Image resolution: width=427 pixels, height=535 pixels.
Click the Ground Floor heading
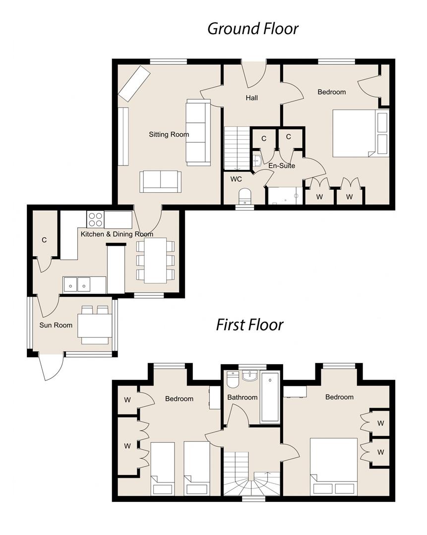click(252, 29)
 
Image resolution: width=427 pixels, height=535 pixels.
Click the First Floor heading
click(249, 325)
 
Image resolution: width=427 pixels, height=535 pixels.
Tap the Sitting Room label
click(169, 134)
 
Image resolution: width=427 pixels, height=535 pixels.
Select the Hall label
click(251, 98)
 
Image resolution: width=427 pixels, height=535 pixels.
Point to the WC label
click(236, 179)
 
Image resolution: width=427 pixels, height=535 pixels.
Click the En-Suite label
click(282, 166)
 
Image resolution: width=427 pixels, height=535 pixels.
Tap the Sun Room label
click(56, 325)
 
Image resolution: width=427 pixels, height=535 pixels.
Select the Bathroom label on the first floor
click(242, 397)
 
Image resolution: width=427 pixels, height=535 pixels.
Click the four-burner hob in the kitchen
click(95, 219)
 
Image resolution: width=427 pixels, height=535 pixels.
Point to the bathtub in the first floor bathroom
click(270, 398)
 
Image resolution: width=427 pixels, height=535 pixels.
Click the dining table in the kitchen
click(155, 261)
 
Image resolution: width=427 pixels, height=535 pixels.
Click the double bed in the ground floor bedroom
click(354, 133)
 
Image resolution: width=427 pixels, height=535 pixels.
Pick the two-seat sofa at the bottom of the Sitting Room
click(160, 181)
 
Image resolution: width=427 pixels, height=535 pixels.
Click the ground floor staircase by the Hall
click(236, 148)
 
